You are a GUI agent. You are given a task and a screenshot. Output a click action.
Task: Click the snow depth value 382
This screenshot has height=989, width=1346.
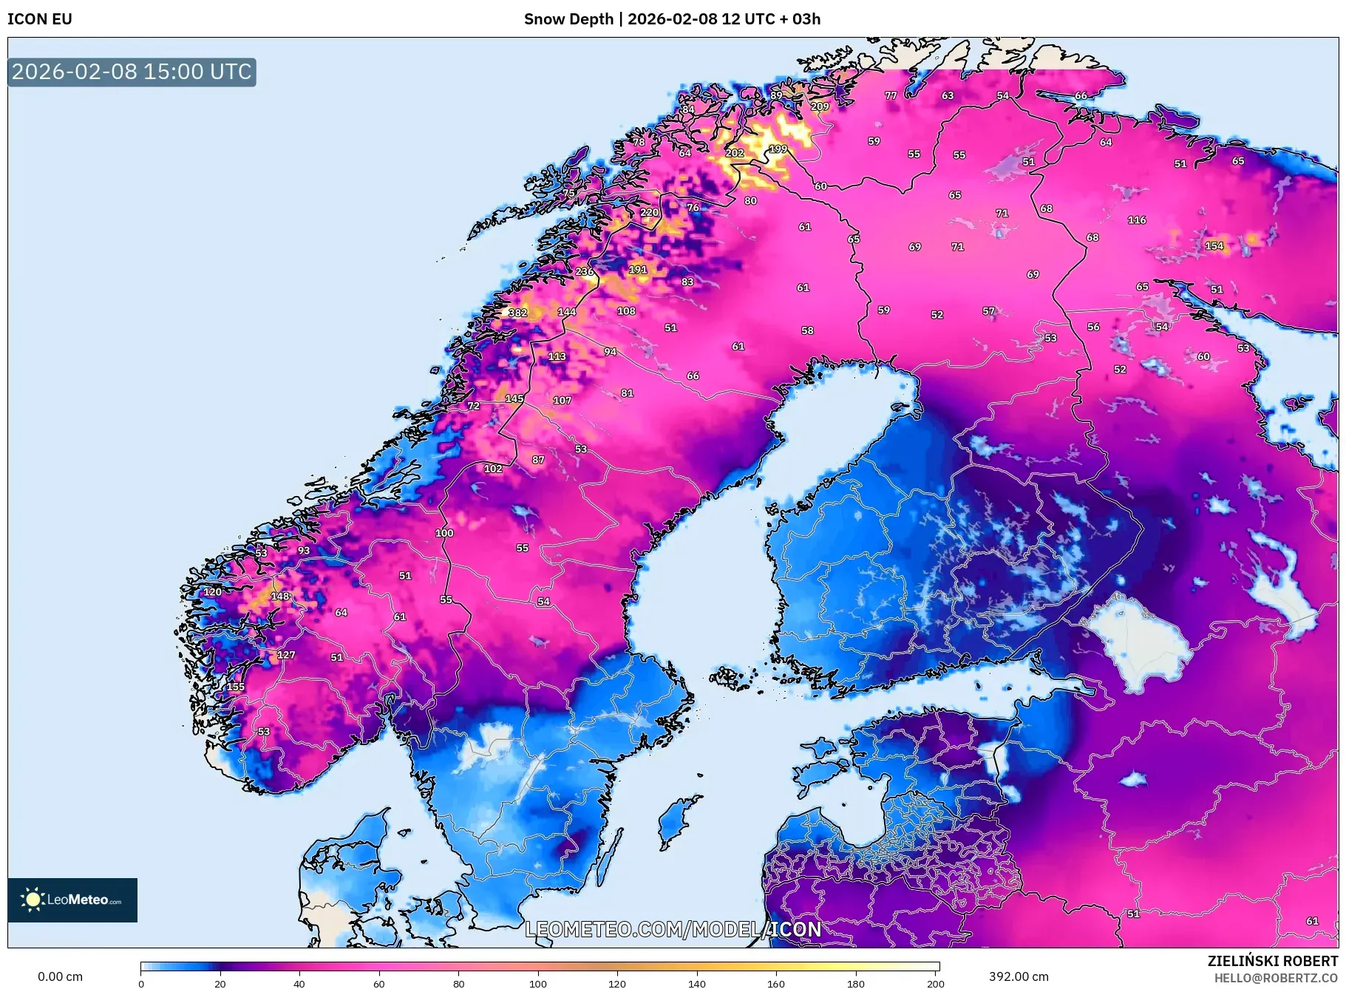pos(517,313)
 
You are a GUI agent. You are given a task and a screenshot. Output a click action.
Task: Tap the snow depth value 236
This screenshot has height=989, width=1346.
pos(585,271)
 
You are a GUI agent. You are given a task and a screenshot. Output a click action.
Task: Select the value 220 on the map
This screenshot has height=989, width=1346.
pos(649,212)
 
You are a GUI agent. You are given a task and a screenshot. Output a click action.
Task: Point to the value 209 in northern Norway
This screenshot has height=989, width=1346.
pos(820,106)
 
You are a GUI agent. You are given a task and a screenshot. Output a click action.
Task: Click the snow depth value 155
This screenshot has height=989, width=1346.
pos(235,687)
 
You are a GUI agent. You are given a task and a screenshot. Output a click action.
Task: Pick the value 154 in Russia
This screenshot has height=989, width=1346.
pos(1214,245)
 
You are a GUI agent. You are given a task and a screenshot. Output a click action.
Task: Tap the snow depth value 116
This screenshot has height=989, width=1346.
pos(1137,220)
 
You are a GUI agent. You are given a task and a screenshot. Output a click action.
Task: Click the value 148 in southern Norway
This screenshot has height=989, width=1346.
pos(279,596)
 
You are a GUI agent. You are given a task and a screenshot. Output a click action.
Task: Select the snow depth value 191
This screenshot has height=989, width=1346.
pos(638,270)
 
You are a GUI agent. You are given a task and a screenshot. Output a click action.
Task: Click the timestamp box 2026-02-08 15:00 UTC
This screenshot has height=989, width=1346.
pos(132,72)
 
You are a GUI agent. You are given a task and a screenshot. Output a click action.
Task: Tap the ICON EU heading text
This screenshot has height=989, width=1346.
pos(40,19)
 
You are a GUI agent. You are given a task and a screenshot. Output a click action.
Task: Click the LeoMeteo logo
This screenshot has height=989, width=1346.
pos(72,900)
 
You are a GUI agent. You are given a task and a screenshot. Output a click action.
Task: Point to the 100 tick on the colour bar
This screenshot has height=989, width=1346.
pos(538,983)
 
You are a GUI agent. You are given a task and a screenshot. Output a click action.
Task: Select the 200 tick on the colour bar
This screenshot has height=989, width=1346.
pos(935,983)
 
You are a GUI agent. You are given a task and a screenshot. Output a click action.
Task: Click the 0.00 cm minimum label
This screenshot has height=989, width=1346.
pos(60,976)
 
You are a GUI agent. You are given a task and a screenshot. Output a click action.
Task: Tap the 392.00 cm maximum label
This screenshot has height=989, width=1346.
pos(1019,976)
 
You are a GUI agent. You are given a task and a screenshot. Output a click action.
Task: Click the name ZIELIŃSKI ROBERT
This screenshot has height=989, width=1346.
pos(1272,961)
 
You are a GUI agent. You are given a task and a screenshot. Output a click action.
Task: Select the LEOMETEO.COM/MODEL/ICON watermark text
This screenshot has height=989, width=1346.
pos(673,929)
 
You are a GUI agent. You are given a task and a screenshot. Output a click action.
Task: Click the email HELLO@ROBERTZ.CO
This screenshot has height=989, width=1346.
pos(1276,979)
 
